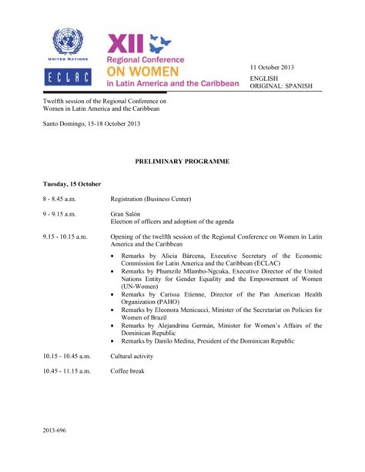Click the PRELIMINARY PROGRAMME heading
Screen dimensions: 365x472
[182, 162]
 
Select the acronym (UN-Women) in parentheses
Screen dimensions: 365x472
[142, 286]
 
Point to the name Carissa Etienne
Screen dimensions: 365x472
[182, 295]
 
